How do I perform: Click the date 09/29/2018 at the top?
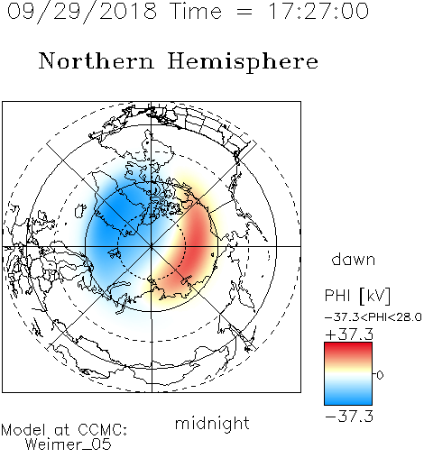[x=82, y=12]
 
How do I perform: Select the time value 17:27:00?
[x=318, y=11]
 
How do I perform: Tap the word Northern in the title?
[x=97, y=60]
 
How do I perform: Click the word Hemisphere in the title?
[x=243, y=61]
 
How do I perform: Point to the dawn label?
[x=354, y=259]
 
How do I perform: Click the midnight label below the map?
[x=212, y=424]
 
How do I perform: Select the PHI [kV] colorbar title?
[x=357, y=296]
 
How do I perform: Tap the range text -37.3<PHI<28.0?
[x=373, y=317]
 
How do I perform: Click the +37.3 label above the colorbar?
[x=349, y=334]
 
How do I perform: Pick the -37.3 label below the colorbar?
[x=349, y=417]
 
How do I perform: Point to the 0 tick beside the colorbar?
[x=380, y=375]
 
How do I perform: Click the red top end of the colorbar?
[x=348, y=345]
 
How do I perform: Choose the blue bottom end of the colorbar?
[x=348, y=402]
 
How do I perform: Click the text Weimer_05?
[x=69, y=444]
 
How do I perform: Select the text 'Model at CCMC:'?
[x=64, y=430]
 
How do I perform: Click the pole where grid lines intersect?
[x=152, y=247]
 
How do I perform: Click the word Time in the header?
[x=196, y=11]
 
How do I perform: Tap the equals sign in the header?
[x=244, y=12]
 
